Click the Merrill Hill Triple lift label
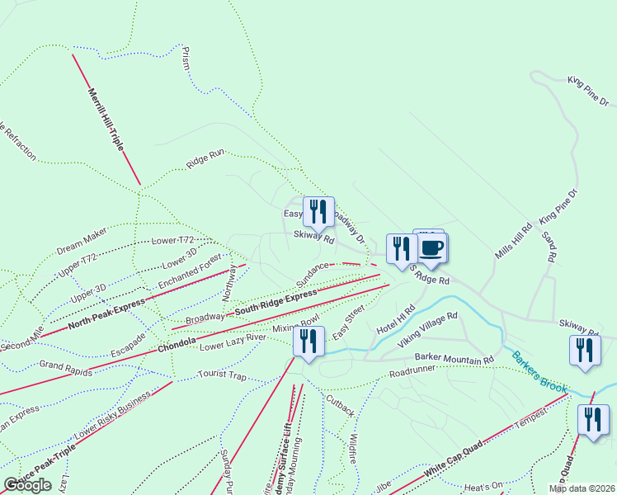(106, 119)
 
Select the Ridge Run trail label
(205, 158)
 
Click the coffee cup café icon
(431, 247)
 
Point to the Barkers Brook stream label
(539, 370)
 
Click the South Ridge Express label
(275, 303)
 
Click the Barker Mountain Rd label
(454, 360)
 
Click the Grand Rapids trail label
(64, 364)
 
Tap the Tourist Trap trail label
(222, 375)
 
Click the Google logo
(27, 485)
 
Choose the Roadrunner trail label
(412, 373)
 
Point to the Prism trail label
(186, 57)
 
